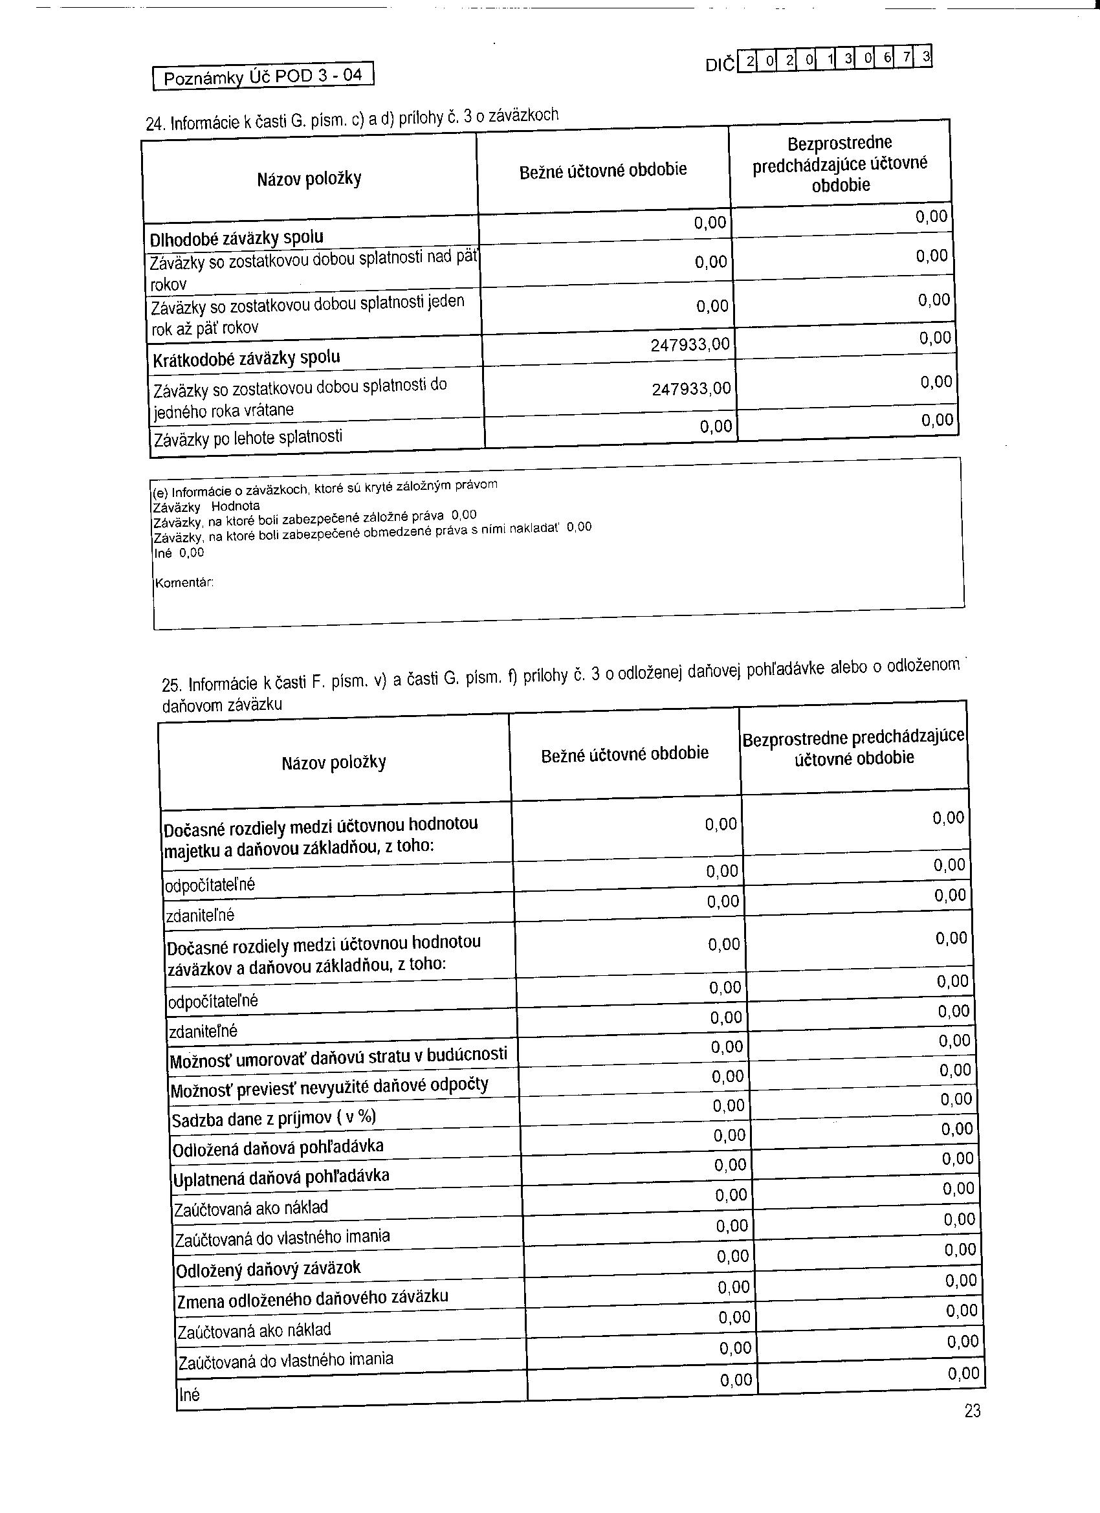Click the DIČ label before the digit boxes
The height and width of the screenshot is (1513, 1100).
[x=720, y=65]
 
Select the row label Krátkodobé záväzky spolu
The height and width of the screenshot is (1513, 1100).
[x=246, y=359]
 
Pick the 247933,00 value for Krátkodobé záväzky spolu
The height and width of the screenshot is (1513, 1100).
[x=690, y=344]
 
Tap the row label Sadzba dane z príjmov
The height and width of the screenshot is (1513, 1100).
[x=274, y=1118]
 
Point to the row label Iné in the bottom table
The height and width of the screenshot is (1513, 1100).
[x=190, y=1395]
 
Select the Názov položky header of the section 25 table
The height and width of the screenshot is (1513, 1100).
[x=333, y=762]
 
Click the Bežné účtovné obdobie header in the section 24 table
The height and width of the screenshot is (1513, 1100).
[x=603, y=171]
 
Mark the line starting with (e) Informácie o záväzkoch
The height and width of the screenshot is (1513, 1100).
[x=325, y=488]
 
